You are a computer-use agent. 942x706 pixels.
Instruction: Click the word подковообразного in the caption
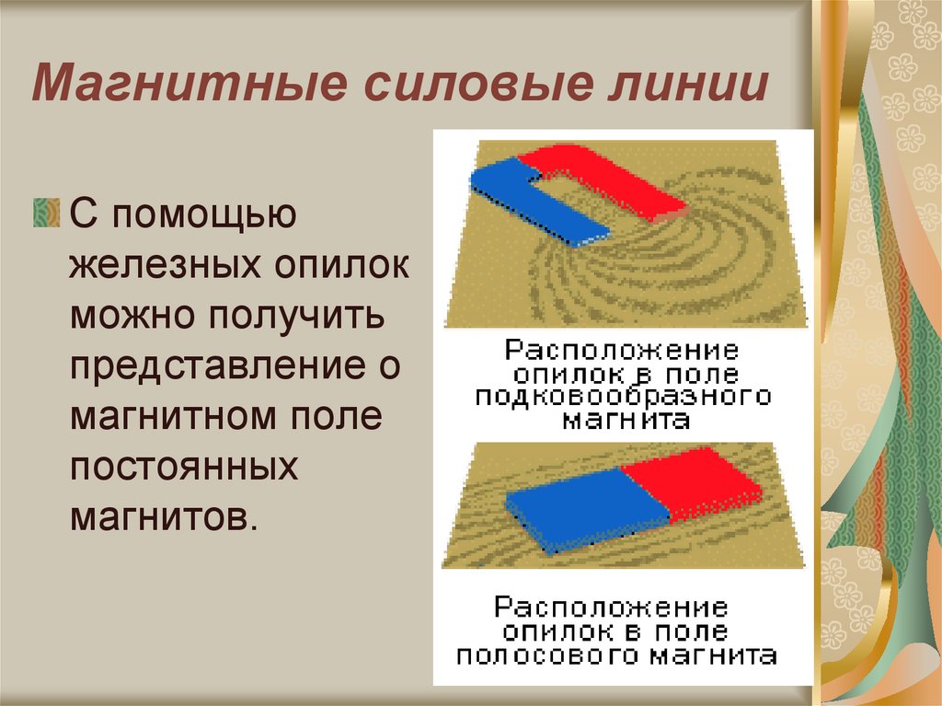[623, 397]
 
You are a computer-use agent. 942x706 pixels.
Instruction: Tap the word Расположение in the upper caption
[622, 351]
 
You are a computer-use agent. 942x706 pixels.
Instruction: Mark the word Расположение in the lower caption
[611, 608]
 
